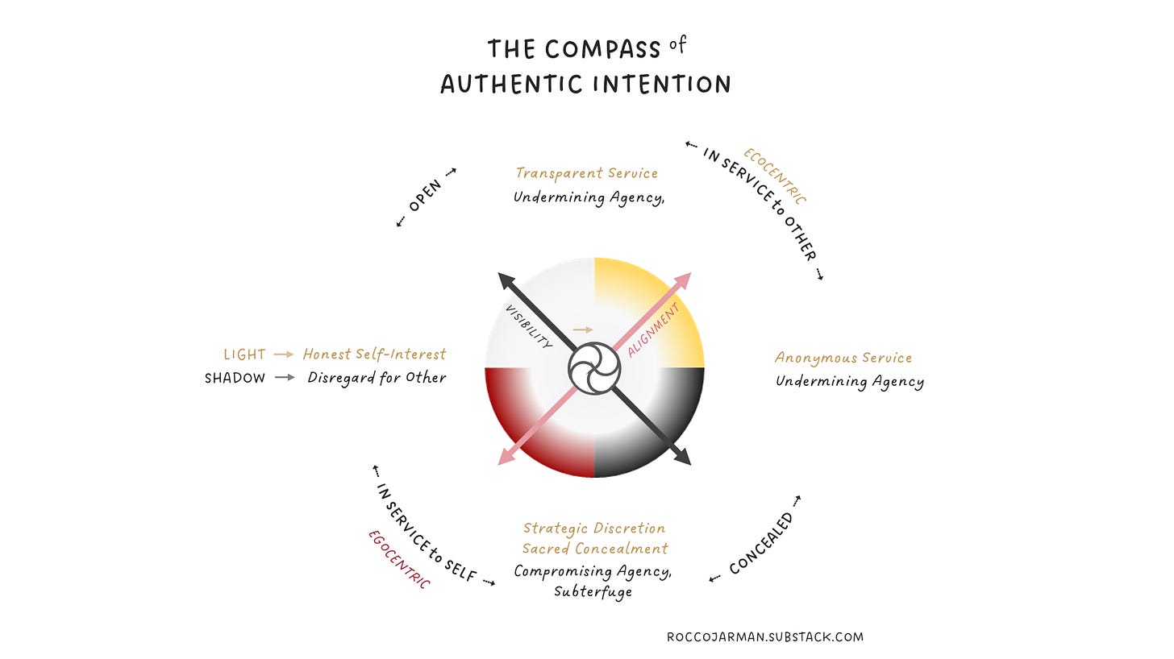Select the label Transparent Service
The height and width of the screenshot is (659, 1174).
point(587,173)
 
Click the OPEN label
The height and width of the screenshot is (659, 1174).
point(426,196)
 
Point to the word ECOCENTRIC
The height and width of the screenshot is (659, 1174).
point(775,176)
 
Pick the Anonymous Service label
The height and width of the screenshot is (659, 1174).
point(843,358)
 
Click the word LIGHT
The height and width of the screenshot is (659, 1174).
point(244,354)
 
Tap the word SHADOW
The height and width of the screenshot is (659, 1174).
point(235,378)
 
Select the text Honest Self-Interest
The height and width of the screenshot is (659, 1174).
point(374,354)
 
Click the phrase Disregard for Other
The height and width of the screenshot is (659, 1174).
point(377,378)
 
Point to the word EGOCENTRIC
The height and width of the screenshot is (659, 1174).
point(399,559)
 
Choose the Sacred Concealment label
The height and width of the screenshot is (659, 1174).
point(595,549)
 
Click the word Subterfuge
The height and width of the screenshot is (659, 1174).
point(593,591)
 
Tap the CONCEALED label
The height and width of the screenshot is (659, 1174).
point(761,545)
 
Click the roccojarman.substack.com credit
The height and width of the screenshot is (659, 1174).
point(764,637)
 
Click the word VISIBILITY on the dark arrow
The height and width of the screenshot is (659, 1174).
point(528,326)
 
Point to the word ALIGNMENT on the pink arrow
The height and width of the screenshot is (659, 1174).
point(653,329)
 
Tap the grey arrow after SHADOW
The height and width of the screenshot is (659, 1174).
point(285,378)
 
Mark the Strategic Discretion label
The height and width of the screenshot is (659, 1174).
point(594,528)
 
